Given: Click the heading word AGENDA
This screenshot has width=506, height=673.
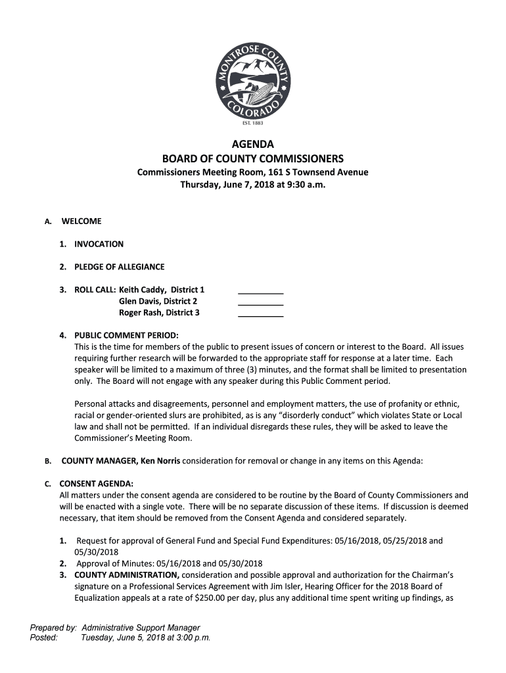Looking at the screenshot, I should [253, 145].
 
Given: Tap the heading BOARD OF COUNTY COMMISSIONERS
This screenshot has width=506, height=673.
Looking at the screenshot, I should [253, 159].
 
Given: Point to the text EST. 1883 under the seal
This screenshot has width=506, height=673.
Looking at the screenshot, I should [253, 122].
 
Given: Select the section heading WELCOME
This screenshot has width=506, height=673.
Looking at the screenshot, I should [81, 221].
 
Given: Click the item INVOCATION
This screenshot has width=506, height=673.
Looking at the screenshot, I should [99, 244].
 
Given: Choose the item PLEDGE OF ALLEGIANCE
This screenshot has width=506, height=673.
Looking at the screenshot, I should [119, 267].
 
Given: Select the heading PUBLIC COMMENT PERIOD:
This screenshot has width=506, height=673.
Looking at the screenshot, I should [126, 335].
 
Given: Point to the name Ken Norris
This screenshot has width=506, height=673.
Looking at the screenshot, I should [160, 461].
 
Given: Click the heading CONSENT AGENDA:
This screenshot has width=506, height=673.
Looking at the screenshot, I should [97, 484].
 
